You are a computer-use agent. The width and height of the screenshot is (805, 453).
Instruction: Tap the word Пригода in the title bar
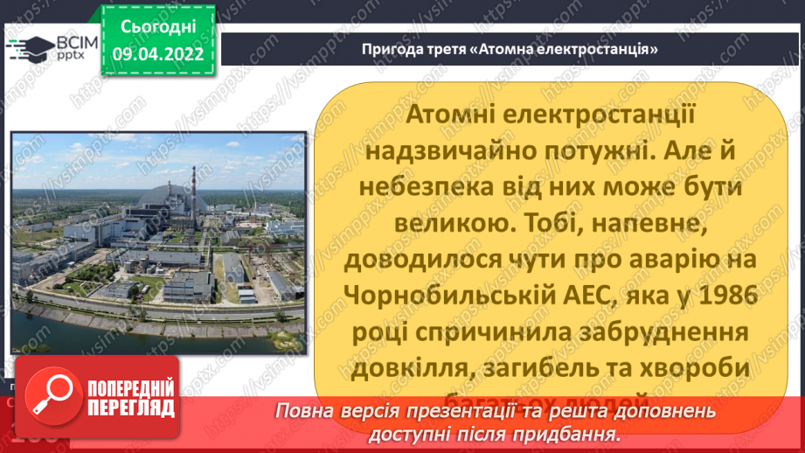pyautogui.click(x=391, y=48)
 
